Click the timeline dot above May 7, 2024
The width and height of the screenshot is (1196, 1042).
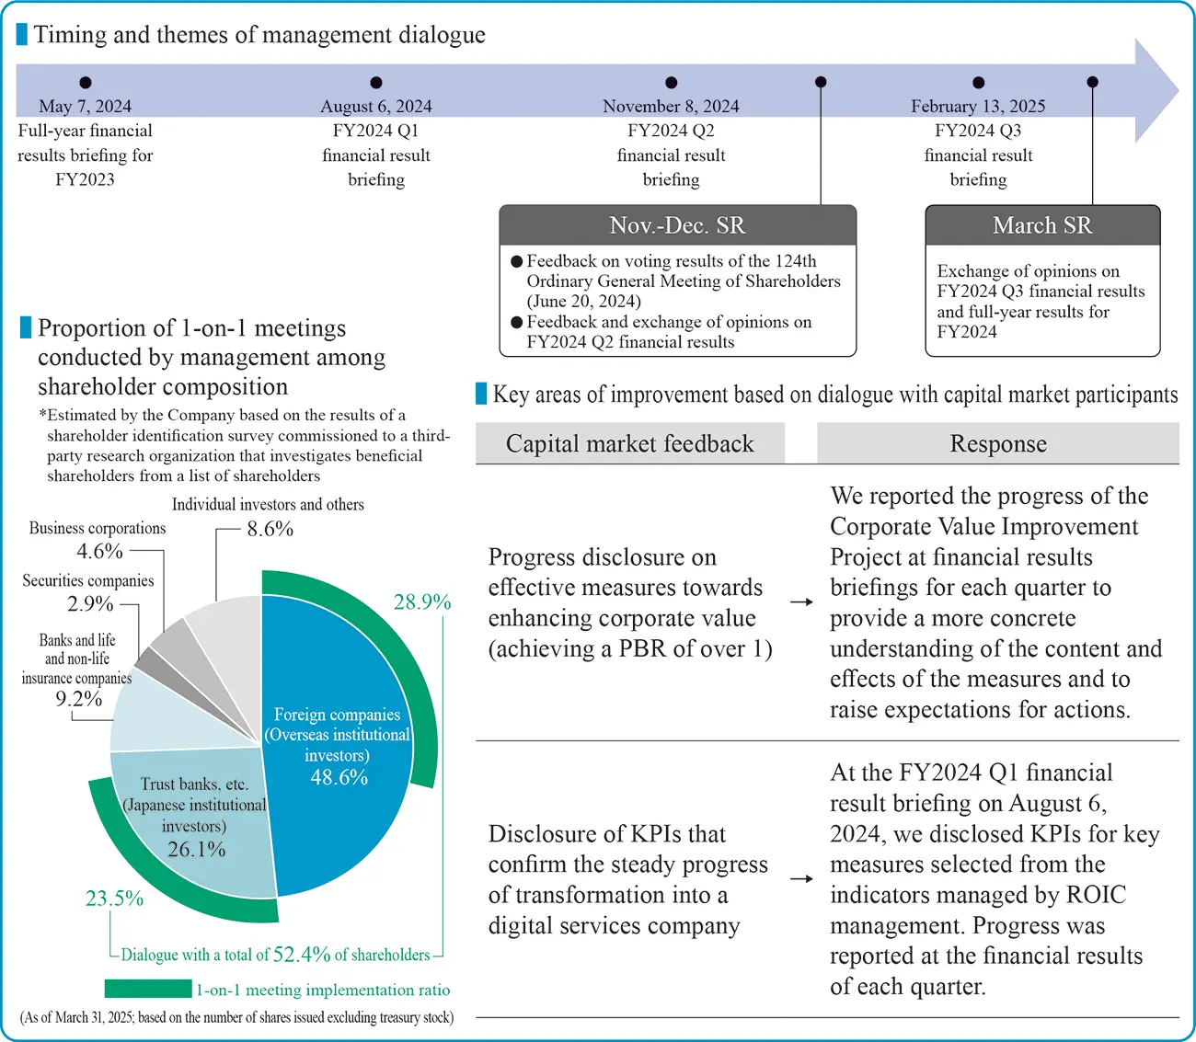(x=86, y=83)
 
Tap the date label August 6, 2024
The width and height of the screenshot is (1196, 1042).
(x=375, y=107)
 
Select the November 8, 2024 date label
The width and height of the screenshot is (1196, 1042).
(x=671, y=107)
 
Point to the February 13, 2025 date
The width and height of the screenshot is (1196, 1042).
(x=978, y=107)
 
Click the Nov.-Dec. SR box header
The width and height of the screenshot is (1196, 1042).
(x=677, y=225)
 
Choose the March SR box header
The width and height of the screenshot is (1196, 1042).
(x=1042, y=225)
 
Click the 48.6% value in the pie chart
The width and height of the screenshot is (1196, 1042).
(x=339, y=778)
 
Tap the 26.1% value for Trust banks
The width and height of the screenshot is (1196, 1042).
(x=196, y=850)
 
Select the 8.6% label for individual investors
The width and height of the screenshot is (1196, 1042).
(x=270, y=529)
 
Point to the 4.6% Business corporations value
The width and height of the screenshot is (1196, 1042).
(x=99, y=552)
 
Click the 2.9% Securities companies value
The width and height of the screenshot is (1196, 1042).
(x=90, y=604)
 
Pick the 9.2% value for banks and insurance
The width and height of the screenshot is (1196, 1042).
(x=78, y=699)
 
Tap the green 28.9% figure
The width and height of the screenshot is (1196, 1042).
(x=422, y=602)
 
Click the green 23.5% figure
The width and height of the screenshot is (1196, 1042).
(x=114, y=899)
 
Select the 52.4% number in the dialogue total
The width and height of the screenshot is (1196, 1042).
(x=302, y=955)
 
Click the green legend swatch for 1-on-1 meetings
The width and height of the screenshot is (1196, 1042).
(x=147, y=989)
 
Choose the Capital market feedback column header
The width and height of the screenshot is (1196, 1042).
(x=629, y=444)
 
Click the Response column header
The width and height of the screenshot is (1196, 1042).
(x=998, y=444)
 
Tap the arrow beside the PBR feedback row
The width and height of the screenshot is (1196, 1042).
(x=801, y=602)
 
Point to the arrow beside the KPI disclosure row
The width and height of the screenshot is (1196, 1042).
(x=801, y=878)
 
